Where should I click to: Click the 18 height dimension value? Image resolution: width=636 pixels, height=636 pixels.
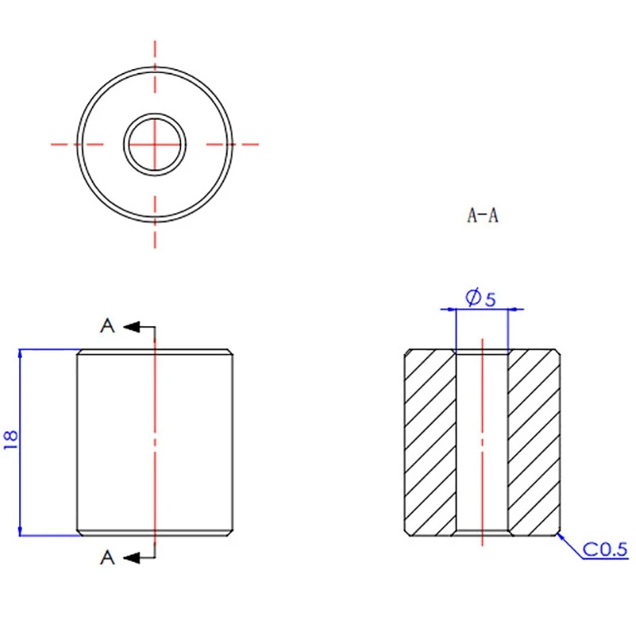(11, 440)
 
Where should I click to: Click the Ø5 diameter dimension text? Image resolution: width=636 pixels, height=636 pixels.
(481, 297)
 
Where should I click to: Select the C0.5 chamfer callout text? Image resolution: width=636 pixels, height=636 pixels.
(605, 549)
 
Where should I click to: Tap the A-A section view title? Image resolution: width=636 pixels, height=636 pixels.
(483, 215)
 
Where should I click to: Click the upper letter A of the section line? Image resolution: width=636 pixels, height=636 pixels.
(107, 326)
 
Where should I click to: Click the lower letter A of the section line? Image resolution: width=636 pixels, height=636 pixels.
(107, 557)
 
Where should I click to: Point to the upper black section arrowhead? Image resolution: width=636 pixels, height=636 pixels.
(131, 327)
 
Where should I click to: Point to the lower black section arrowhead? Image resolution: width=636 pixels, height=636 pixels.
(131, 558)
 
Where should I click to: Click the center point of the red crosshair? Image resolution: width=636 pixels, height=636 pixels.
(155, 145)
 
